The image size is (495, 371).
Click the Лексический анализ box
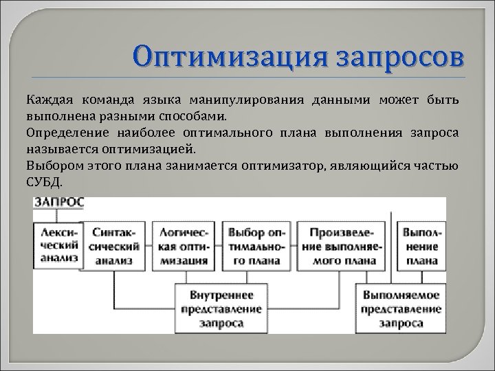coord(58,245)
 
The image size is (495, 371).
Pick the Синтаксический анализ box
coord(116,246)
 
